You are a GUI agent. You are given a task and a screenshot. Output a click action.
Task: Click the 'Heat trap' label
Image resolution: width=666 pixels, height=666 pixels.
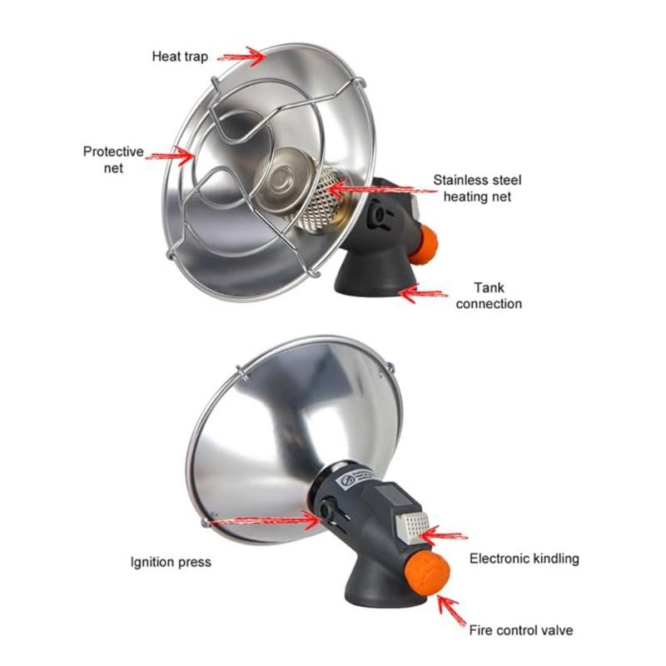pos(179,57)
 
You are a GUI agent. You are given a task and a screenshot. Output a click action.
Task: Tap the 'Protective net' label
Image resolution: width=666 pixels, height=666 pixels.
pos(114,159)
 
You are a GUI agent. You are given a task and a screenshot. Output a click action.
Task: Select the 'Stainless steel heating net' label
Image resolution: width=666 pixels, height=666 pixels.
pos(476,188)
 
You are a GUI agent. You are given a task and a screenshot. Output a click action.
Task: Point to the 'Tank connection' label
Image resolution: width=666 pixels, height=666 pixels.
pos(489,296)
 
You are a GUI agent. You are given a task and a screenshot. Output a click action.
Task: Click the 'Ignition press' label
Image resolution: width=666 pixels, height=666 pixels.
pos(171,562)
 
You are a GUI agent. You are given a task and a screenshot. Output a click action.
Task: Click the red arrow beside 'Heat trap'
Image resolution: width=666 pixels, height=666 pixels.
pos(241,56)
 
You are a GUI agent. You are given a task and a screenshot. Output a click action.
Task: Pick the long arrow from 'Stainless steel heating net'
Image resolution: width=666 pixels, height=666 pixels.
pos(383,190)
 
